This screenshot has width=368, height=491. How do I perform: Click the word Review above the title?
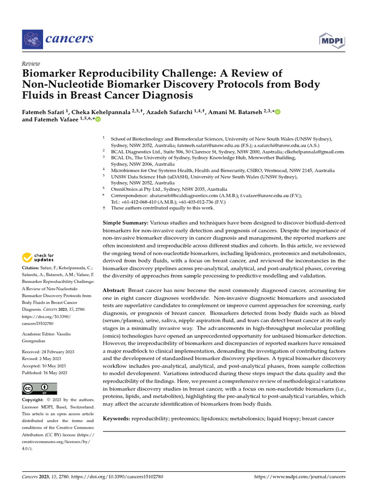coord(31,64)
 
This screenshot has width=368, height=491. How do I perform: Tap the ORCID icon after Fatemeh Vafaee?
coord(98,119)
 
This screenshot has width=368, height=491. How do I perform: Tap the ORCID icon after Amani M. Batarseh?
coord(277,112)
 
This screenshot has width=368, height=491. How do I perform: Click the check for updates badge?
coord(38,257)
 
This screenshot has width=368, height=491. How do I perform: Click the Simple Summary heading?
coord(126,223)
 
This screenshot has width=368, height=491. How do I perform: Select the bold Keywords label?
coord(117,419)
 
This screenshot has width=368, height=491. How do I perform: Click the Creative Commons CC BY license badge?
coord(39,389)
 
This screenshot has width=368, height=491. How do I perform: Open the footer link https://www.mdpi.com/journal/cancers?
coord(299,477)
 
